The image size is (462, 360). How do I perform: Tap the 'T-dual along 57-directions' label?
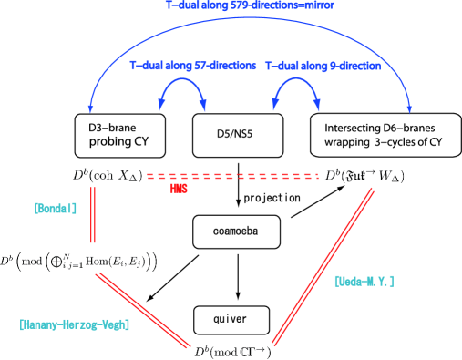(192, 67)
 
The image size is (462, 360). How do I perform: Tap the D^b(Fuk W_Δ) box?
(364, 175)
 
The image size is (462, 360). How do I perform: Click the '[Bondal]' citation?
(55, 208)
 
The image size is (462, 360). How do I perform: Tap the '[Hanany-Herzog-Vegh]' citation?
(74, 324)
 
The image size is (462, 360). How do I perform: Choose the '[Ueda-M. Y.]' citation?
(364, 282)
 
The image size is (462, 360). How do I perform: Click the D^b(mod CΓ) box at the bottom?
(232, 351)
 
